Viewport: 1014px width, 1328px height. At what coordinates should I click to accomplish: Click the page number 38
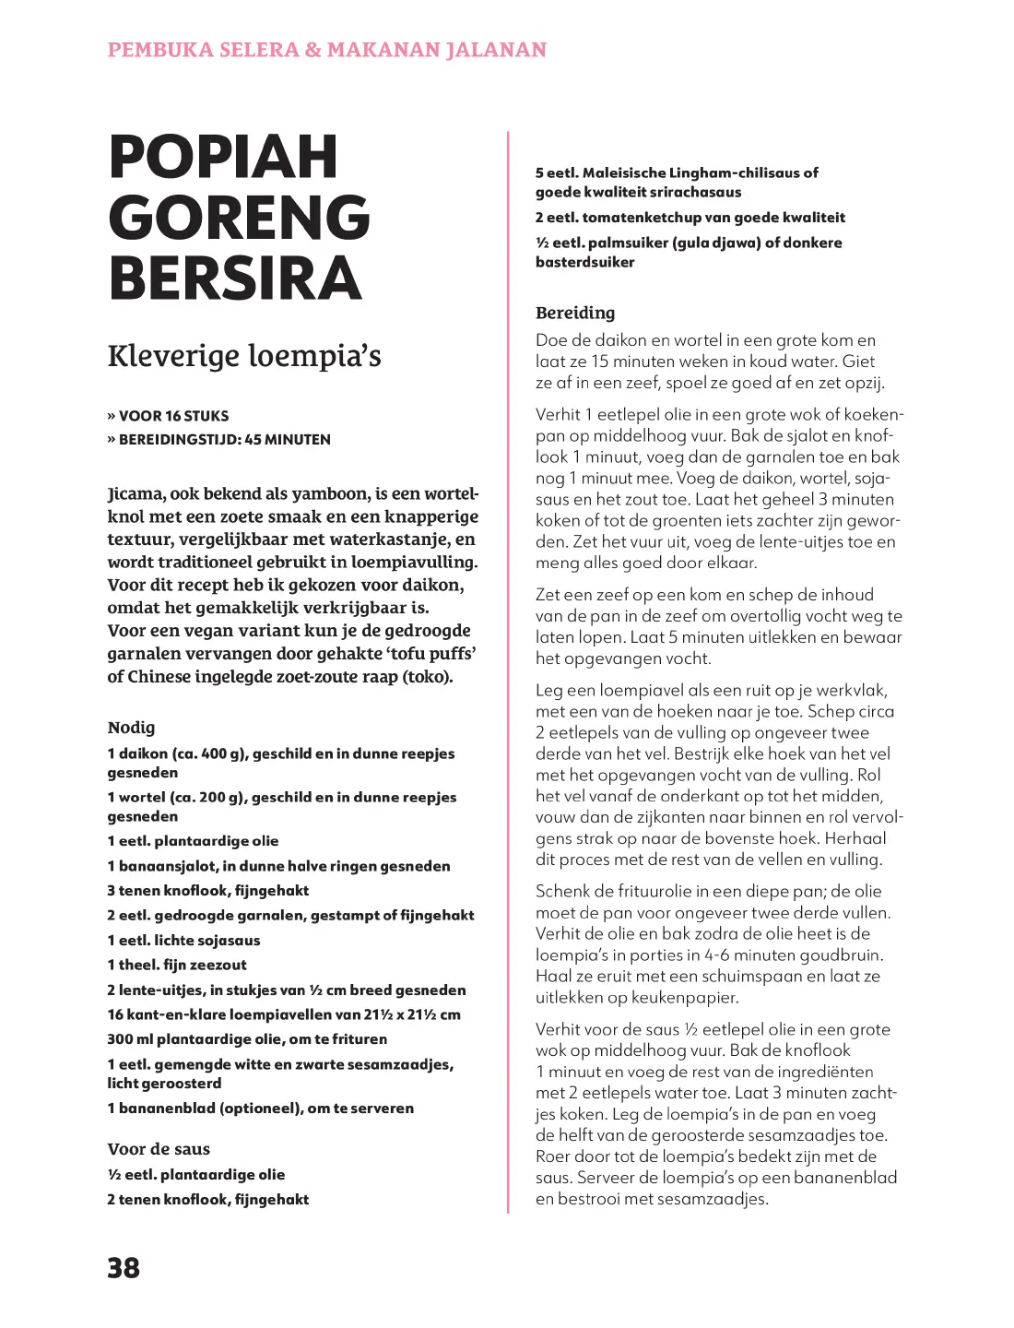(x=124, y=1267)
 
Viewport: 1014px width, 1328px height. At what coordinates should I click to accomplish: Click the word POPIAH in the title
(x=223, y=157)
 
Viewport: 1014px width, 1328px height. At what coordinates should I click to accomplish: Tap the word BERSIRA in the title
(x=235, y=279)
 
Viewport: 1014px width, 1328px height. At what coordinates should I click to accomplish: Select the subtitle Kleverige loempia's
(x=244, y=356)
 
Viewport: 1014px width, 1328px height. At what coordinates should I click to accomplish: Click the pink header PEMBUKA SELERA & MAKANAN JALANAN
(x=327, y=50)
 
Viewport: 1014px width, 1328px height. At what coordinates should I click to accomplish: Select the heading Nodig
(x=131, y=728)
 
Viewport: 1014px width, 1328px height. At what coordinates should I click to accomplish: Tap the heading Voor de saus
(x=159, y=1149)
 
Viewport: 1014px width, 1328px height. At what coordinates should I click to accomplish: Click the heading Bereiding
(x=575, y=313)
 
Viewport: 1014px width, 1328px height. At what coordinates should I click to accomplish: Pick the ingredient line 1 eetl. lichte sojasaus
(x=183, y=941)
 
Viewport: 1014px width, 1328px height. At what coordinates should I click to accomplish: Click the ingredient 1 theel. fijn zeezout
(x=177, y=966)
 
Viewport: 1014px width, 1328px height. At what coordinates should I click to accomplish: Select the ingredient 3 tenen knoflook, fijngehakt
(x=207, y=891)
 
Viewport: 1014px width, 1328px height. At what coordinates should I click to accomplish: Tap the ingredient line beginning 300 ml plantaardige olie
(x=247, y=1039)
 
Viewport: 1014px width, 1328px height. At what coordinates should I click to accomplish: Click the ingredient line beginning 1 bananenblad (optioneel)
(x=260, y=1109)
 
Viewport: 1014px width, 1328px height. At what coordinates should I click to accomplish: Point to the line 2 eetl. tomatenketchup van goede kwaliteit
(x=690, y=218)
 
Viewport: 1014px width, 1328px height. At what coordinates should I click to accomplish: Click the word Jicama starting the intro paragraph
(x=136, y=493)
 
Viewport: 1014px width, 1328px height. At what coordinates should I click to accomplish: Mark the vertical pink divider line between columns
(x=508, y=673)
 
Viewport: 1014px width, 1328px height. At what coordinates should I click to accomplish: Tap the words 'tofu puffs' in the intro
(x=431, y=654)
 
